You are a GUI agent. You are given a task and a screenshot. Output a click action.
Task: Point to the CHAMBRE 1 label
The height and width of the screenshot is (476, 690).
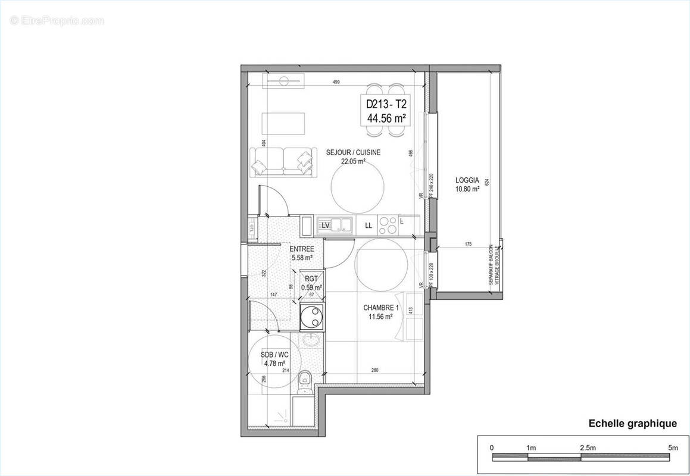380,308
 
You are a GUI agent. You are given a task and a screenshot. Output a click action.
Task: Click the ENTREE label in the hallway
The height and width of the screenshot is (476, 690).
301,249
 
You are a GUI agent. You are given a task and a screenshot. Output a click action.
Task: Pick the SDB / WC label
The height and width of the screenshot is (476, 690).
273,355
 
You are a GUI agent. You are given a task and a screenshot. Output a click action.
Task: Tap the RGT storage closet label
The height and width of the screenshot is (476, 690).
311,278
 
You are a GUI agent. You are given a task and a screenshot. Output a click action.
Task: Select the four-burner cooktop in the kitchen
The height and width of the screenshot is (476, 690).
388,225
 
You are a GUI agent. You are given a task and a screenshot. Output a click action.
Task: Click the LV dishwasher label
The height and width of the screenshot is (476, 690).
326,225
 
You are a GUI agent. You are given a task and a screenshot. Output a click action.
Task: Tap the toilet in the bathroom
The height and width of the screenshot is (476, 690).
304,377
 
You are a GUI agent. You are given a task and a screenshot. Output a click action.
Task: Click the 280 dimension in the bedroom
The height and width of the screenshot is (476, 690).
374,371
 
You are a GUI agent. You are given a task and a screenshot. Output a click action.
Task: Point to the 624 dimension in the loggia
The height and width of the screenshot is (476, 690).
486,183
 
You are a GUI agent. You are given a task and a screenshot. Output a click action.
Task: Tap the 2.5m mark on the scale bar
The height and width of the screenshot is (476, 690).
587,447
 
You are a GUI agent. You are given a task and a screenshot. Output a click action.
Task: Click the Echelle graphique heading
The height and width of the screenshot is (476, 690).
632,424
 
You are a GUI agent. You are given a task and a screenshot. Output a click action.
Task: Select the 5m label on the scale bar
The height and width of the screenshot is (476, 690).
672,447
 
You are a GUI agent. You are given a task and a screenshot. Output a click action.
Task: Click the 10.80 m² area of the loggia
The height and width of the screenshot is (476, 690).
467,189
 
